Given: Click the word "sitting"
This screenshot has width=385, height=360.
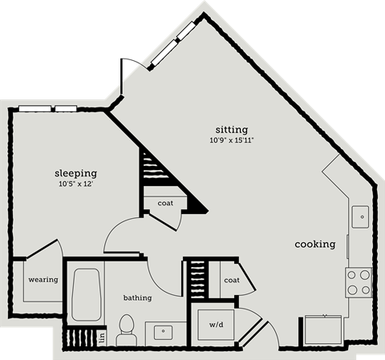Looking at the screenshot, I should pyautogui.click(x=231, y=129).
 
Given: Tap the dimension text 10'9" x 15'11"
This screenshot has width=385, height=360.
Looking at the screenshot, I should pyautogui.click(x=232, y=141).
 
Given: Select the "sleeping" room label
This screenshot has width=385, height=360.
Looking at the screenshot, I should pyautogui.click(x=75, y=172).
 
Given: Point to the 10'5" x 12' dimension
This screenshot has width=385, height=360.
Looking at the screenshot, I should pyautogui.click(x=75, y=184).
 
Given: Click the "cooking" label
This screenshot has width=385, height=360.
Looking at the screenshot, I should pyautogui.click(x=314, y=244).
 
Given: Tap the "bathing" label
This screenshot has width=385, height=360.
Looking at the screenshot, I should pyautogui.click(x=137, y=297).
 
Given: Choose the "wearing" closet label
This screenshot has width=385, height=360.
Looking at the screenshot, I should pyautogui.click(x=43, y=280).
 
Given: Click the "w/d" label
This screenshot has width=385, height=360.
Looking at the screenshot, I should pyautogui.click(x=217, y=325).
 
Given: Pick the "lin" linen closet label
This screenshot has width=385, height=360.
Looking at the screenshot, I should pyautogui.click(x=102, y=338).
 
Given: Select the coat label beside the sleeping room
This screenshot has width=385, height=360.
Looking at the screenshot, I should pyautogui.click(x=165, y=203).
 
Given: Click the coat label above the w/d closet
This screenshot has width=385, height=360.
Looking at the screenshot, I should pyautogui.click(x=232, y=280).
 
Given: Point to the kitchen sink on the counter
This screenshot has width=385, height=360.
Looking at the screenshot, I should pyautogui.click(x=360, y=215).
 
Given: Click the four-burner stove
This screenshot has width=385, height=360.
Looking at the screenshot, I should pyautogui.click(x=358, y=282).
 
